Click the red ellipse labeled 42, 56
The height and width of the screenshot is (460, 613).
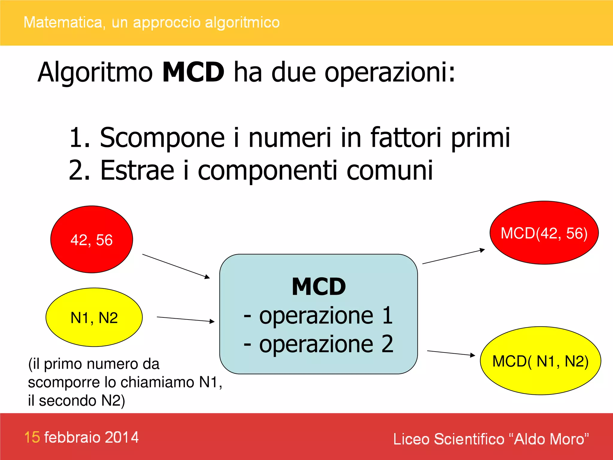coord(92,240)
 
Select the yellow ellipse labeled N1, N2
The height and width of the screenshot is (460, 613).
coord(94,317)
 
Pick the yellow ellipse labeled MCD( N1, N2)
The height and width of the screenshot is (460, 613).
coord(540,361)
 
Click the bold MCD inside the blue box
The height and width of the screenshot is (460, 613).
coord(319,287)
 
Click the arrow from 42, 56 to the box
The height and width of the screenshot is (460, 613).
coord(176,266)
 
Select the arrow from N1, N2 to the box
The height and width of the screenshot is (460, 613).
coord(186,319)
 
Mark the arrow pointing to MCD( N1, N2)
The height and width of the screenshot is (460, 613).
coord(451,353)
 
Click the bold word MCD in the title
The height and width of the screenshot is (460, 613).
coord(193,72)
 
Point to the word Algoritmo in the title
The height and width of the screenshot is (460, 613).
coord(95,72)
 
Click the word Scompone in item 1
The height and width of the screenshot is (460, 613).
coord(162,137)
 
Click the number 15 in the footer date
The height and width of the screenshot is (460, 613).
coord(32,437)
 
